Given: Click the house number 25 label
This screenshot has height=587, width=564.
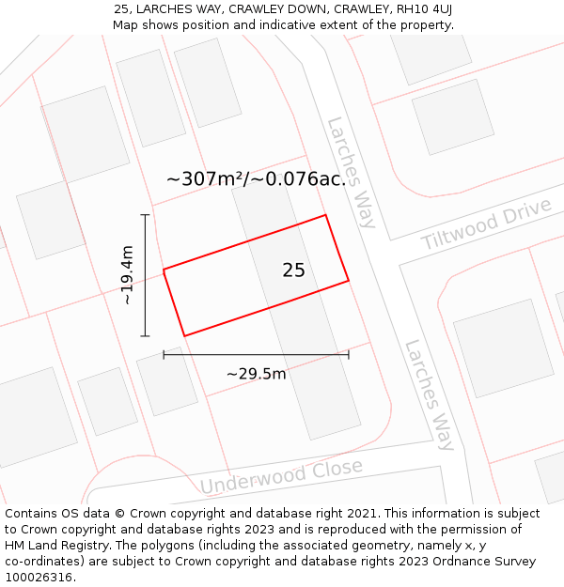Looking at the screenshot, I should tap(293, 270).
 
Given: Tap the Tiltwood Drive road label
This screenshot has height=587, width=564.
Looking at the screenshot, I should tap(486, 224).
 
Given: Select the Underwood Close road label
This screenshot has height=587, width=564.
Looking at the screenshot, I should tap(281, 476).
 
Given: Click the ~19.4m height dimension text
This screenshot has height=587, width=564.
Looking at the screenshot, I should tap(128, 275).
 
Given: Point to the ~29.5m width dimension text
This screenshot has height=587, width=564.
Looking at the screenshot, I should tap(256, 374).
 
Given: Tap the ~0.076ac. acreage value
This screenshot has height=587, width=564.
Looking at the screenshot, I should tap(300, 178).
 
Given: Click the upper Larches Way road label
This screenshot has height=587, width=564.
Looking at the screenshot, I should tap(352, 173).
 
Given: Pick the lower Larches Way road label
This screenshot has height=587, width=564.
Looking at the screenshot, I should tap(430, 394).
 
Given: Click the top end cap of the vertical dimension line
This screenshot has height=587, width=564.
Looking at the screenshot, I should tap(145, 215).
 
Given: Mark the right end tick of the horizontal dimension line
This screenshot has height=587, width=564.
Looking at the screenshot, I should tap(349, 354).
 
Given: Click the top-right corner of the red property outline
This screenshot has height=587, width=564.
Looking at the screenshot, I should tap(326, 215).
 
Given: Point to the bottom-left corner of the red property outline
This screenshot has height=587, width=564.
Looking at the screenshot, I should tap(184, 335).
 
